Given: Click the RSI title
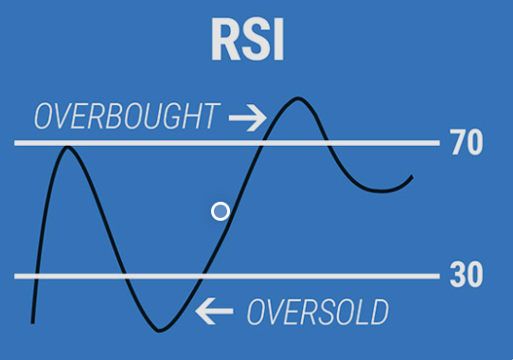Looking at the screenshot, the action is tap(247, 39).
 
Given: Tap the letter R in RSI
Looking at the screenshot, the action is tap(225, 39).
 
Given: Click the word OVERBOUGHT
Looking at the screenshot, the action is tap(127, 116).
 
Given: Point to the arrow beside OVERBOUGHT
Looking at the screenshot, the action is tap(248, 117).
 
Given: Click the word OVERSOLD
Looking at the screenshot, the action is tap(318, 313).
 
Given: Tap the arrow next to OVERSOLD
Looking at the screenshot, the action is tap(214, 311).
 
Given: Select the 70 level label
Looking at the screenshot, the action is tap(467, 142).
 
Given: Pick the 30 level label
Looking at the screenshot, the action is tap(467, 275).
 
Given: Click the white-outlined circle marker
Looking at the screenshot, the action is tap(221, 211).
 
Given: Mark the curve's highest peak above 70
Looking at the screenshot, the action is tap(298, 98).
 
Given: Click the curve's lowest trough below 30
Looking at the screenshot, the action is tap(159, 331).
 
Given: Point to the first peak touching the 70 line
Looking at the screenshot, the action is tap(67, 148).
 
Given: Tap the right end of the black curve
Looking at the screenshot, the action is tap(413, 177).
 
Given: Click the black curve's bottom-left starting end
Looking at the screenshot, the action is tap(33, 323).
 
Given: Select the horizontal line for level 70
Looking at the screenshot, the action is tap(227, 143).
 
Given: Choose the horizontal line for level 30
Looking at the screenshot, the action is tap(227, 276).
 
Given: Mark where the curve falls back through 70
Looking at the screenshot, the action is tap(327, 143).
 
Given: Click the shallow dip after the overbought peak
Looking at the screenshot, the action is tap(381, 191).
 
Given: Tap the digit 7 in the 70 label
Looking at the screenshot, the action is tap(458, 142).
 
